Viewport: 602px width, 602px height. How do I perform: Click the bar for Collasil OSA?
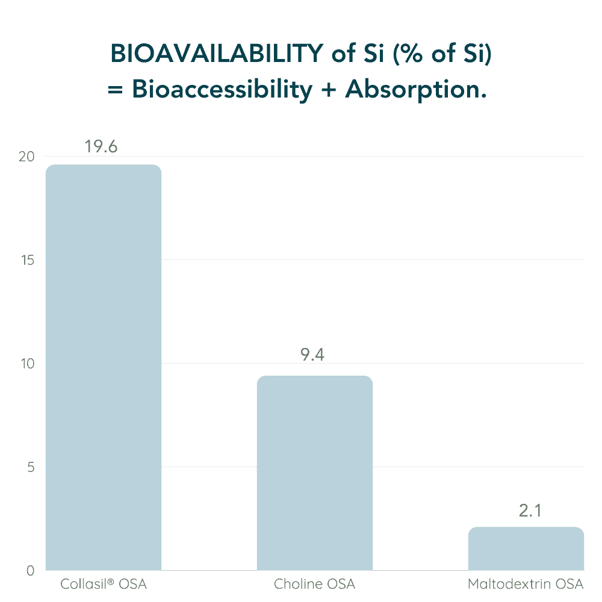tap(104, 367)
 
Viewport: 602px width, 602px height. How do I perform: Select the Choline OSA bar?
tap(314, 473)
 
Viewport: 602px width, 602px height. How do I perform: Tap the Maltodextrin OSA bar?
tap(526, 548)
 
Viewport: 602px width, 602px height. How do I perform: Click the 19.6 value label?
tap(101, 147)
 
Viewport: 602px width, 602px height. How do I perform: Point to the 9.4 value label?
tap(312, 355)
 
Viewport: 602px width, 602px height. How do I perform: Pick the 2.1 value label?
tap(530, 511)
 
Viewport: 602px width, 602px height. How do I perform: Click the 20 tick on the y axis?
tap(27, 157)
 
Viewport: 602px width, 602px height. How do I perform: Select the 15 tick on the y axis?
tap(28, 260)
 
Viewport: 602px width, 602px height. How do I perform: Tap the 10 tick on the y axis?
tap(28, 364)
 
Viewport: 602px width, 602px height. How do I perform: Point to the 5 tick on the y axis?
tap(31, 467)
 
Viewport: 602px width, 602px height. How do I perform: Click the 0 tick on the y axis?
tap(31, 571)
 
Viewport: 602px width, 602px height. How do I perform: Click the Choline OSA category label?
tap(314, 585)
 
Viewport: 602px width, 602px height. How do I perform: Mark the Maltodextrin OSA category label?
tap(526, 585)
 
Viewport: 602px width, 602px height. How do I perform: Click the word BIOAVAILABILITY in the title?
tap(217, 54)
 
